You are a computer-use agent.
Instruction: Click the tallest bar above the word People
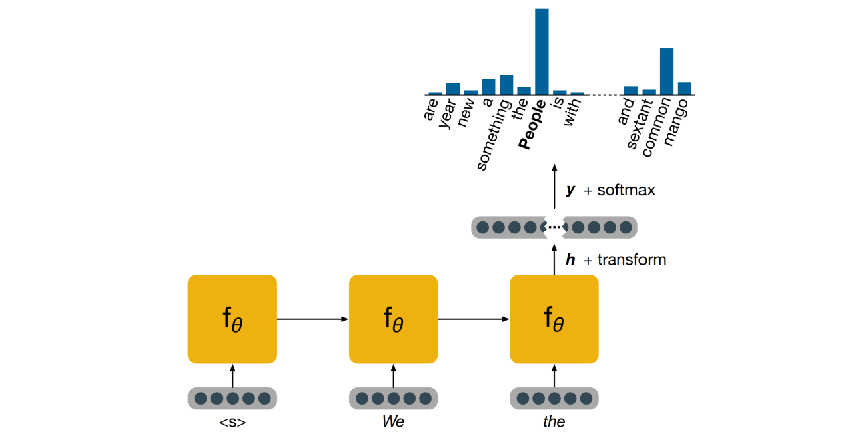[542, 51]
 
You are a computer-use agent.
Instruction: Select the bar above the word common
[666, 71]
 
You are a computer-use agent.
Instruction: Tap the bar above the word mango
[684, 88]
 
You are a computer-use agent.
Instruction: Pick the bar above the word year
[452, 89]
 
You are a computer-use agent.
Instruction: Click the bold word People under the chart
[534, 125]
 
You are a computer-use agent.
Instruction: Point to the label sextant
[640, 130]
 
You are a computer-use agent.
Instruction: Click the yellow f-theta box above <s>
[232, 319]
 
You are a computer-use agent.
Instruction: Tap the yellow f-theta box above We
[393, 319]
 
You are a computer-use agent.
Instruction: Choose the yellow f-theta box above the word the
[554, 319]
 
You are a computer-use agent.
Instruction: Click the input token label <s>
[232, 422]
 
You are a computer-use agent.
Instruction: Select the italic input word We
[393, 422]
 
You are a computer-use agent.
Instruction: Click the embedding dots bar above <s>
[232, 398]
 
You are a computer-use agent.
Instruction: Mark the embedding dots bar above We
[393, 398]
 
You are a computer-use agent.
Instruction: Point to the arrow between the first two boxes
[312, 319]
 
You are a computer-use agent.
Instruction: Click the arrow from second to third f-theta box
[473, 319]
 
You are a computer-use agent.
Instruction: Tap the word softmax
[626, 190]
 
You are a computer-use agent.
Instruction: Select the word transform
[631, 260]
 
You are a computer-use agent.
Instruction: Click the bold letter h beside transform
[570, 260]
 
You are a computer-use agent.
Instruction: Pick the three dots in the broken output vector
[554, 227]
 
